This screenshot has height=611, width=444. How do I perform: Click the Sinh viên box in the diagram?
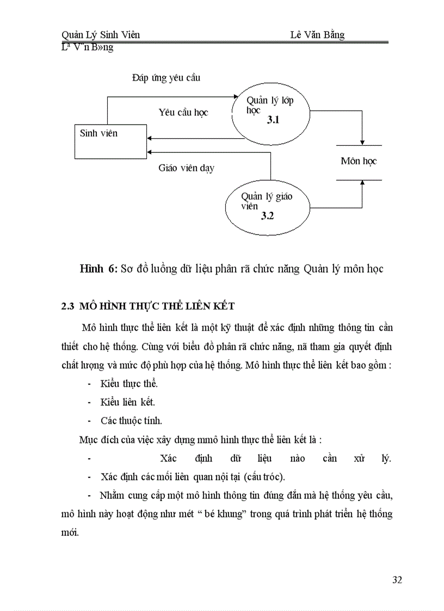click(x=110, y=141)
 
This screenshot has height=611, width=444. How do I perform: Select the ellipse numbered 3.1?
click(x=270, y=115)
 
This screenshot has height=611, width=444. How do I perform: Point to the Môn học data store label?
click(x=359, y=161)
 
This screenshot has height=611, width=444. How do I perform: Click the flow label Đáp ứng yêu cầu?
click(x=166, y=78)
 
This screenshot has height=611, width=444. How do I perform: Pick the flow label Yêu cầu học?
click(x=183, y=113)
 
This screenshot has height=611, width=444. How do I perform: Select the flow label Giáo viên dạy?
click(x=186, y=168)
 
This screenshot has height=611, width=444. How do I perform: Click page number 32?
click(x=397, y=579)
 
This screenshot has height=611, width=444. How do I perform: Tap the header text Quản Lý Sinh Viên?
click(x=101, y=35)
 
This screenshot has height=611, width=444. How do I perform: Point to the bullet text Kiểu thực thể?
click(x=129, y=384)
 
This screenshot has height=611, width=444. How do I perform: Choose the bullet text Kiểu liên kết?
click(x=127, y=402)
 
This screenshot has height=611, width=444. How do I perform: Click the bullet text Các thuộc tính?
click(x=131, y=421)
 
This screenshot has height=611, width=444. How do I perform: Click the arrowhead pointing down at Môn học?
click(x=362, y=143)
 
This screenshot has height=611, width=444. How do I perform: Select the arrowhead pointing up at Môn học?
click(x=362, y=183)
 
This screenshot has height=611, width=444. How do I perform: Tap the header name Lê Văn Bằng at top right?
click(x=317, y=35)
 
